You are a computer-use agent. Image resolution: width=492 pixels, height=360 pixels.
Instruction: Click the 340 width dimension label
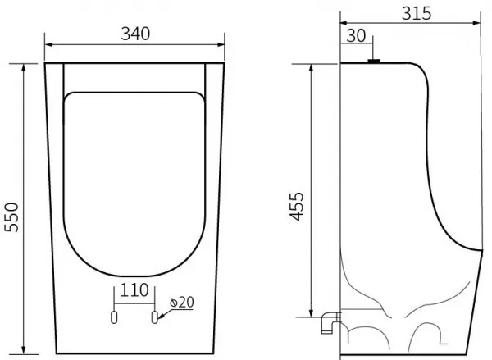135,34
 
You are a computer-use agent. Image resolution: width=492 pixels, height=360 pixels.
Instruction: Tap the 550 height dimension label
12,217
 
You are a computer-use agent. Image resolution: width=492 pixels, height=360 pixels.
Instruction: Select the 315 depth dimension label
417,13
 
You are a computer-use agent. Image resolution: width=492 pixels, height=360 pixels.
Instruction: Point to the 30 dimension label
356,36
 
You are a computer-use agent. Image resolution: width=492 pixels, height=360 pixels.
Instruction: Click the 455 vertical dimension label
297,207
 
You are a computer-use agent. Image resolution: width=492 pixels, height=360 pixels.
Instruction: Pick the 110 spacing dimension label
134,290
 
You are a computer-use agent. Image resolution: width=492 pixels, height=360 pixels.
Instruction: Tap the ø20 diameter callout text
182,303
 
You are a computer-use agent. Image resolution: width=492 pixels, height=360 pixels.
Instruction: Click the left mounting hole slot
114,317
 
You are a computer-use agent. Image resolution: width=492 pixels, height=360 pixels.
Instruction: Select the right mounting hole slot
154,317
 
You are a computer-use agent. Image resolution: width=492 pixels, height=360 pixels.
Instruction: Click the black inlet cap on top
374,62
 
